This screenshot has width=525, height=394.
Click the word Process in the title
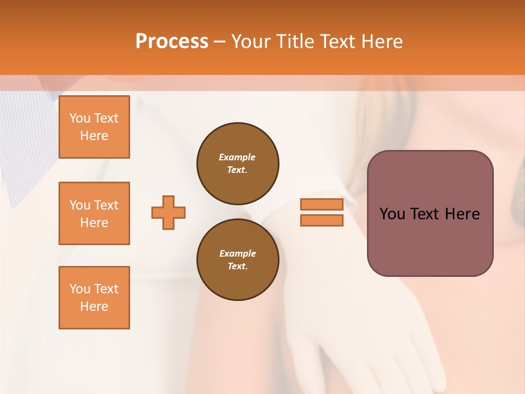point(172,42)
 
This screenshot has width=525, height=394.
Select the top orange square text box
point(94,127)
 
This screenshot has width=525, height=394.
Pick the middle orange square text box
point(94,213)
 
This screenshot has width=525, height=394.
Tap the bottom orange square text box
point(94,298)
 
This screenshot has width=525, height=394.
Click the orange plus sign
point(168,212)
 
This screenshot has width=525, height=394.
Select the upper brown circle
point(238,163)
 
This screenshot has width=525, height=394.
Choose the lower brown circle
point(238,259)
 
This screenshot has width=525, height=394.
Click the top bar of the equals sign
point(322,204)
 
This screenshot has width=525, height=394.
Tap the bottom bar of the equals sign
point(322,220)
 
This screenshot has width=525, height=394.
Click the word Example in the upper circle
point(237,157)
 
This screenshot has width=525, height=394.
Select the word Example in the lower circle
point(237,253)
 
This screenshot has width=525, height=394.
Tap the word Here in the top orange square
point(94,136)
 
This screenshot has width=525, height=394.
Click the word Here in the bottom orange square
point(94,306)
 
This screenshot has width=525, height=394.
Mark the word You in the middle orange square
point(79,205)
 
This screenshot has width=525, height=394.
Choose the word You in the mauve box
point(392,214)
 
